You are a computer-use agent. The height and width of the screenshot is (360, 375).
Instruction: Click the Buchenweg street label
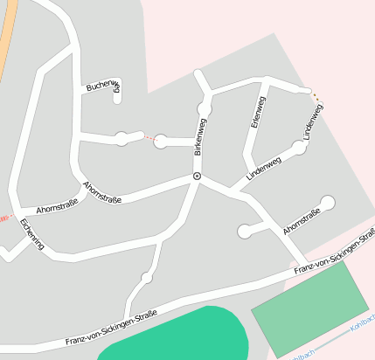(x=102, y=86)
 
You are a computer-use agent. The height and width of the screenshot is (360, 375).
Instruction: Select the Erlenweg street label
(x=257, y=113)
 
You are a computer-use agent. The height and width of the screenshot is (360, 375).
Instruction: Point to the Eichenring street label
(x=31, y=234)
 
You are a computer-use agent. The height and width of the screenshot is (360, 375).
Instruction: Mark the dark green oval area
(x=175, y=336)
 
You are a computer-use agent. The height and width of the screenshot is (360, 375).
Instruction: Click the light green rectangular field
(x=310, y=306)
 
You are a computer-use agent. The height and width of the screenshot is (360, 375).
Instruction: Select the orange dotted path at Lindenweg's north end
(x=315, y=96)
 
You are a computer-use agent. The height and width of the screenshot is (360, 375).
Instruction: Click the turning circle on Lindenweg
(x=299, y=149)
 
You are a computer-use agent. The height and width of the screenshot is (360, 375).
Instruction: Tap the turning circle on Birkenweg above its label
(x=205, y=108)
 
